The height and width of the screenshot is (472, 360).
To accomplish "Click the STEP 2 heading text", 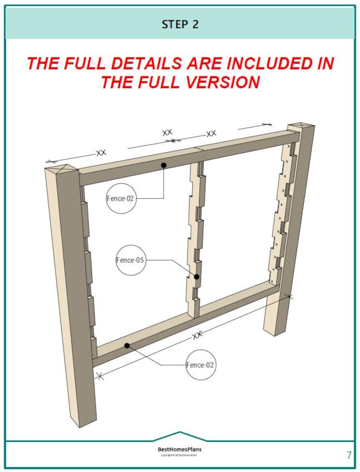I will click(x=180, y=24).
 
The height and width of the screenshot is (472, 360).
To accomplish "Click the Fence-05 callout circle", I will click(x=131, y=260).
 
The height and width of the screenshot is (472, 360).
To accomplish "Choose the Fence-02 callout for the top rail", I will click(x=121, y=198).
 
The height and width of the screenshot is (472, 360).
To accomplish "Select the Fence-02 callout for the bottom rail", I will click(x=200, y=365).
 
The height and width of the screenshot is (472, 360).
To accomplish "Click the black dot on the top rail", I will click(x=164, y=165).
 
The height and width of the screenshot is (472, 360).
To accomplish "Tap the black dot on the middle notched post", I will click(x=197, y=277).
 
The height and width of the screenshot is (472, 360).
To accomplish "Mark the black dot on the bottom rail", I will click(x=127, y=346).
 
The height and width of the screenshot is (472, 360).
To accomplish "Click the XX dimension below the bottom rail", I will click(x=197, y=335).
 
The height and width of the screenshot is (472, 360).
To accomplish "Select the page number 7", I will click(x=349, y=455).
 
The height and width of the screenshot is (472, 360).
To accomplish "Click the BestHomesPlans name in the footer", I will click(x=180, y=449).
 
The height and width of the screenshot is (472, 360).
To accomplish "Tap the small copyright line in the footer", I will click(x=180, y=455).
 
